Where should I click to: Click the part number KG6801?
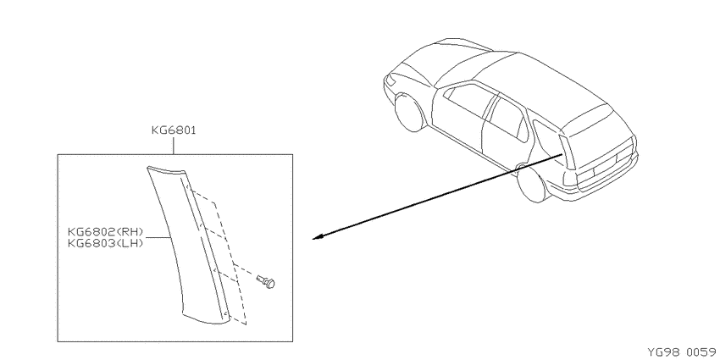click(x=174, y=130)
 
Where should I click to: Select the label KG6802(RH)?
click(x=106, y=231)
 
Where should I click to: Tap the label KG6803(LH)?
click(x=106, y=243)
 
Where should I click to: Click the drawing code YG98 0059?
click(x=681, y=352)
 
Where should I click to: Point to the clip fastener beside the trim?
click(x=267, y=281)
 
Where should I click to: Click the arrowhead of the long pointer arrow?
click(x=318, y=237)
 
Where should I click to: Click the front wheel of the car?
click(x=408, y=113)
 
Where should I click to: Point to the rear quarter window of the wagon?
click(x=546, y=138)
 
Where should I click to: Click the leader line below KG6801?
click(x=174, y=145)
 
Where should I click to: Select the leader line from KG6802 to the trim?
click(x=157, y=237)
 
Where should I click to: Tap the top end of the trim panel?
click(x=167, y=170)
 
